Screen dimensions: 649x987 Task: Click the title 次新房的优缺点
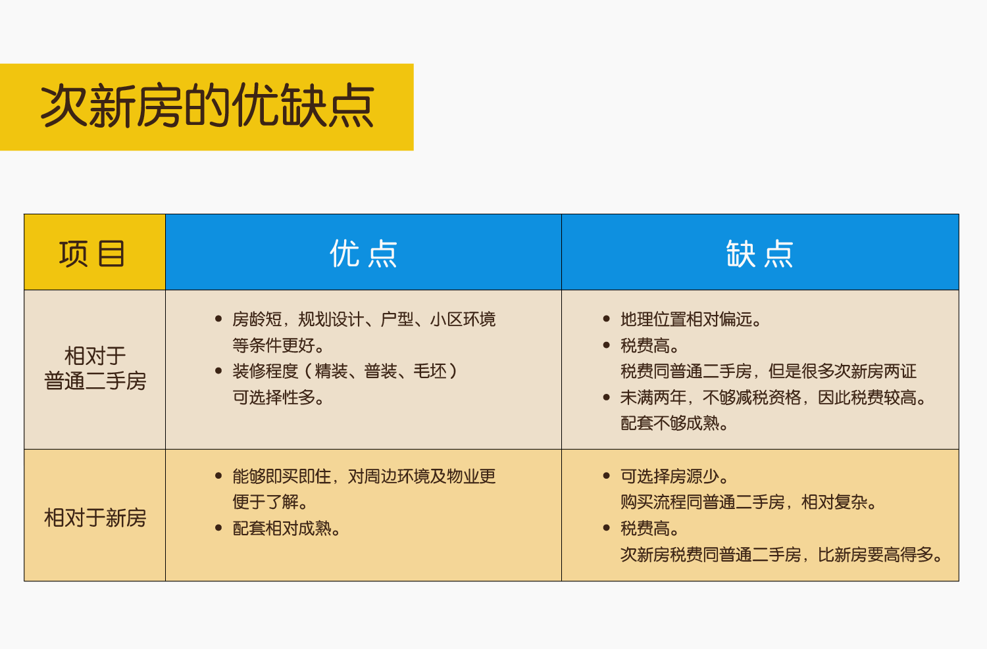207,107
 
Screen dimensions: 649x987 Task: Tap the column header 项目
92,254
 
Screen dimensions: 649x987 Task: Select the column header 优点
363,254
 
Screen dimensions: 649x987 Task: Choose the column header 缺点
760,254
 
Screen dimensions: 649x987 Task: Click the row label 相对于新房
95,518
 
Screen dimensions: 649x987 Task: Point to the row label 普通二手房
95,381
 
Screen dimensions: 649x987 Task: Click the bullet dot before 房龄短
218,319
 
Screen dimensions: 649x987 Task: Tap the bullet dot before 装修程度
218,371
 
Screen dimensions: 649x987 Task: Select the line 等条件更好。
278,345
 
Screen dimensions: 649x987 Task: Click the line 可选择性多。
278,397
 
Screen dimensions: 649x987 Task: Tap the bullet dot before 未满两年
606,397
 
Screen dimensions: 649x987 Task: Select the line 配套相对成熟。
287,528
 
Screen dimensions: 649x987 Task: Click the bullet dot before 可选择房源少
606,476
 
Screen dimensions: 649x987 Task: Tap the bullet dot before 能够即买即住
218,476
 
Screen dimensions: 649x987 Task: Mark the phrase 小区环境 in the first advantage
463,320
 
